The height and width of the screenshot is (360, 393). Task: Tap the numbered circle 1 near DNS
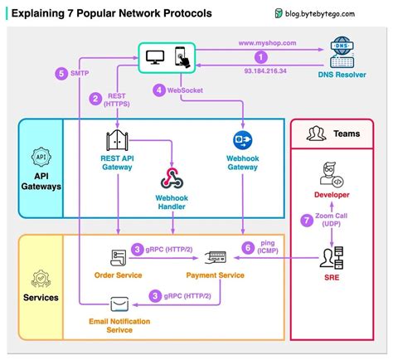pos(261,56)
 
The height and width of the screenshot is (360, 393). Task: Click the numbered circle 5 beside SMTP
pos(61,73)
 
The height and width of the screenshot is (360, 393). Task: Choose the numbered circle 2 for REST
pos(96,98)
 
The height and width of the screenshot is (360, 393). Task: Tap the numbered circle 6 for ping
pos(246,247)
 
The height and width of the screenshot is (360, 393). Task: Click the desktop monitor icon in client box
pos(153,57)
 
